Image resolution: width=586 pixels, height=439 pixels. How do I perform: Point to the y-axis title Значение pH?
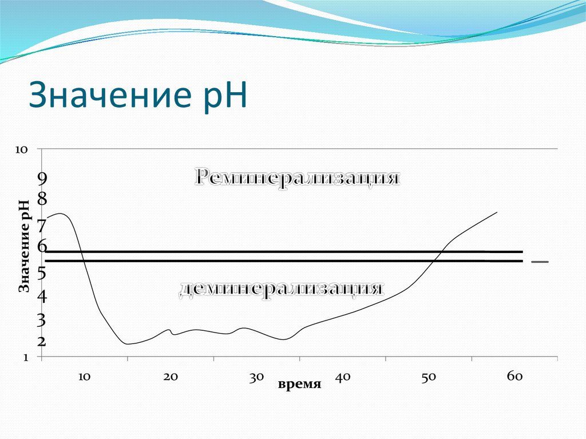click(24, 246)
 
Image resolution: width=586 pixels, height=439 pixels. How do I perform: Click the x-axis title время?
click(299, 384)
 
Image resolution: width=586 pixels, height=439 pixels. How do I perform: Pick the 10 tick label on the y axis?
click(21, 149)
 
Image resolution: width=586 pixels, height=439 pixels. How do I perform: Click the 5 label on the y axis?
click(42, 273)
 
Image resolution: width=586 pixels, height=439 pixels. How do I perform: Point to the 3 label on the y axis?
click(42, 320)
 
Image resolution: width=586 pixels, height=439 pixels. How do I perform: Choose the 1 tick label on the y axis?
click(25, 358)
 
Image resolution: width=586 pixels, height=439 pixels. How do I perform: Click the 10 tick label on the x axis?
click(84, 377)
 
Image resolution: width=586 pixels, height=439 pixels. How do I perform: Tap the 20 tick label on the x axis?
click(170, 377)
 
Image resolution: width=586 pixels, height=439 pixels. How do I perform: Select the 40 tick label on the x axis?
click(342, 377)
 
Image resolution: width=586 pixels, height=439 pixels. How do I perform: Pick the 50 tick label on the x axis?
click(429, 377)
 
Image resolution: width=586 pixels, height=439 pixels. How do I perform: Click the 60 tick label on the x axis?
click(514, 376)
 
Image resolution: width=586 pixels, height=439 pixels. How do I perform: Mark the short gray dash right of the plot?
click(540, 262)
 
